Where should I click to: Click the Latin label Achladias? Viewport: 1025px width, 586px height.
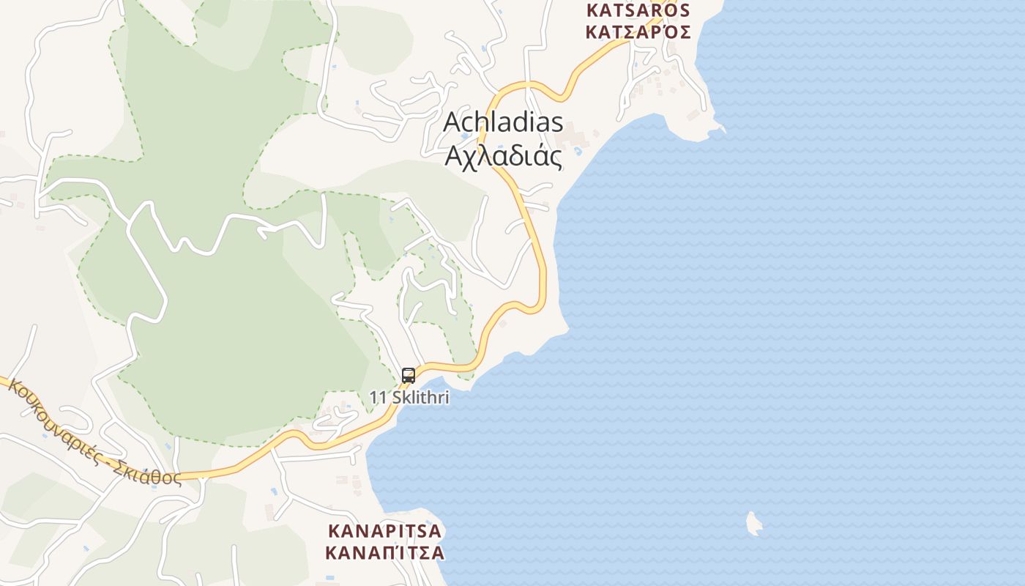(x=504, y=123)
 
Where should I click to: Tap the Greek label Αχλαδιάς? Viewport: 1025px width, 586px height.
(x=504, y=156)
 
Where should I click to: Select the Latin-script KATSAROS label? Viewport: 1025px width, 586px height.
(x=638, y=10)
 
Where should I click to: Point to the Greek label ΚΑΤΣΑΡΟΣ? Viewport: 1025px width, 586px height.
(x=638, y=31)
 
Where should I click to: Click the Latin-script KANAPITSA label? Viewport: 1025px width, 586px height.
(x=385, y=530)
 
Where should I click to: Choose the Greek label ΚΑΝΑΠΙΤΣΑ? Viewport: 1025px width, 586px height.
(x=385, y=552)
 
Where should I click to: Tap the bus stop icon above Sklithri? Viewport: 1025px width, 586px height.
(x=409, y=376)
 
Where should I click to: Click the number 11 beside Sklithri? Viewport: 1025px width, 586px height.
(x=378, y=398)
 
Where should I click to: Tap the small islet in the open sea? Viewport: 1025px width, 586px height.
(x=753, y=523)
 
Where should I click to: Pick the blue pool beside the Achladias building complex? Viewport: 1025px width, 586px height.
(x=578, y=151)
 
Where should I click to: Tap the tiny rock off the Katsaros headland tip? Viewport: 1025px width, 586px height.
(x=722, y=130)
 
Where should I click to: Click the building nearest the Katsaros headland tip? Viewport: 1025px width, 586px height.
(x=693, y=115)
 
